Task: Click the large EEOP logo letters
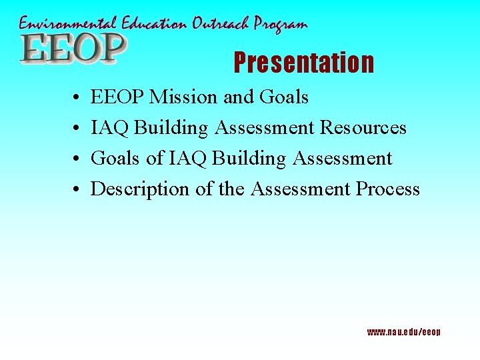[72, 49]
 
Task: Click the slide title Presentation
[303, 63]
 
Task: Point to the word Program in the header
[283, 25]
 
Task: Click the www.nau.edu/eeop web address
[403, 332]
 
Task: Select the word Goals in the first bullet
[284, 97]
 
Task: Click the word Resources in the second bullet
[363, 128]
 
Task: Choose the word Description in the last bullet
[140, 190]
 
